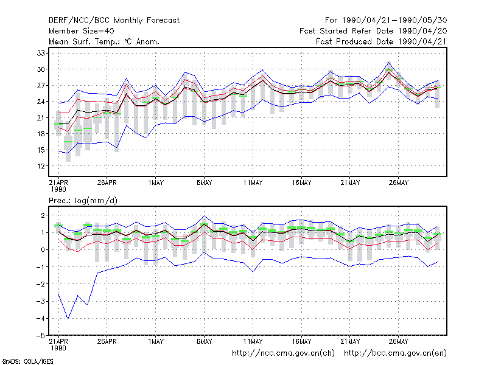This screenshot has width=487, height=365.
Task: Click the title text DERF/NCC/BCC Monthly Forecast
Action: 114,21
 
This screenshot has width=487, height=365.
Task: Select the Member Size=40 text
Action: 82,31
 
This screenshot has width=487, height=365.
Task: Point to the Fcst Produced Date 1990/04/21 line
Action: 381,41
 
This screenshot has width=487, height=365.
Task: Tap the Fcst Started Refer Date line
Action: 373,31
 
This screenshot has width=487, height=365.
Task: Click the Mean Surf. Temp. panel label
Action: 104,41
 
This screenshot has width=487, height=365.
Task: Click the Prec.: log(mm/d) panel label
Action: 83,201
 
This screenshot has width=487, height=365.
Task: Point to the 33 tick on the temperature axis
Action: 41,54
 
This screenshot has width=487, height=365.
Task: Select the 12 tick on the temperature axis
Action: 41,166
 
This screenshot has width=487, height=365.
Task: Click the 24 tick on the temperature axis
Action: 41,102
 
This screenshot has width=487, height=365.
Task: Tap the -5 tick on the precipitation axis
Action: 40,336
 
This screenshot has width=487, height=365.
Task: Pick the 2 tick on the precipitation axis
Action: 43,215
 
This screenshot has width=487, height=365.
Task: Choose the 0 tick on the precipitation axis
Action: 43,250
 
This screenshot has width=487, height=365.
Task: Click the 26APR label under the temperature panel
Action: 107,182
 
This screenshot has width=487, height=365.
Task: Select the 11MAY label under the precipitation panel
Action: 253,341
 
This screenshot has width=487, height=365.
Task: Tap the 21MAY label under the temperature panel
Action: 350,182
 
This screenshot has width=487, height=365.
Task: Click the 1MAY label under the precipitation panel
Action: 156,341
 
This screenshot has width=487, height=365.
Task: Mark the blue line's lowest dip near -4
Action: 68,318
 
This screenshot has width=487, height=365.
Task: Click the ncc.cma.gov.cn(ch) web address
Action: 283,353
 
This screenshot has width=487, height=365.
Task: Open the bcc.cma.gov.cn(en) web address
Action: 395,353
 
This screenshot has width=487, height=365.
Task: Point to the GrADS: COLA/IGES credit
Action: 27,361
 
